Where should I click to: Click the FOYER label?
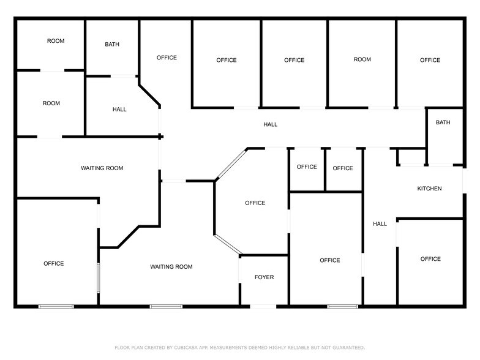pyautogui.click(x=264, y=277)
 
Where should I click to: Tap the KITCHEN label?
pyautogui.click(x=429, y=189)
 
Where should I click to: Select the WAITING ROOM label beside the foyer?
pyautogui.click(x=172, y=267)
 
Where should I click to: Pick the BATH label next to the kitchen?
pyautogui.click(x=443, y=122)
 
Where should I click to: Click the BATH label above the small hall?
pyautogui.click(x=112, y=44)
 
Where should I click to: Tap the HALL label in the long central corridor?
pyautogui.click(x=271, y=125)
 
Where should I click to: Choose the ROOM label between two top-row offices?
pyautogui.click(x=362, y=59)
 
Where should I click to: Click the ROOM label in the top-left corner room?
pyautogui.click(x=56, y=41)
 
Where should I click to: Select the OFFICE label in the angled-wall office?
pyautogui.click(x=255, y=203)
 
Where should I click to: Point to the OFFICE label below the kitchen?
pyautogui.click(x=430, y=259)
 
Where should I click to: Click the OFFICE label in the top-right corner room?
pyautogui.click(x=430, y=60)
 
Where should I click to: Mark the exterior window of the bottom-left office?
pyautogui.click(x=56, y=306)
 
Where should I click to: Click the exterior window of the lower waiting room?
pyautogui.click(x=166, y=306)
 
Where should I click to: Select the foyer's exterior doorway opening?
pyautogui.click(x=264, y=306)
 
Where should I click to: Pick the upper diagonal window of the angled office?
pyautogui.click(x=230, y=163)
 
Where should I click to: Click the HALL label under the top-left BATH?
pyautogui.click(x=119, y=110)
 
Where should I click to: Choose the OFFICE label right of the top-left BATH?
pyautogui.click(x=167, y=58)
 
